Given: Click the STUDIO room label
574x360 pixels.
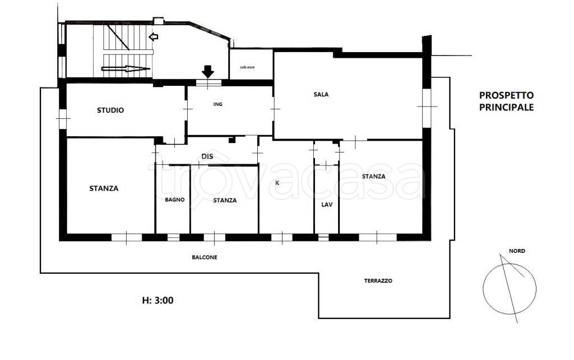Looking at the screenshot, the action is [110, 110].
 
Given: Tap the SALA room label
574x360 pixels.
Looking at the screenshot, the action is [321, 94].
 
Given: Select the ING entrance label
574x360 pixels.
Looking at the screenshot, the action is [218, 104].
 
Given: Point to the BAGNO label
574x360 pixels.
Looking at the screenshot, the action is [175, 200].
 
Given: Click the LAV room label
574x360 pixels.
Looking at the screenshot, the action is [327, 205].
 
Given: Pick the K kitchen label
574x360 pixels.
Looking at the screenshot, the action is [277, 183].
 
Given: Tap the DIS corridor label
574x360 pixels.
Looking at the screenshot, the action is [207, 156].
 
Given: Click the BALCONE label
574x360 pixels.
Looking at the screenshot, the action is [205, 257].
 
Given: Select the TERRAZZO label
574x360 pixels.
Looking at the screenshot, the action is [378, 281].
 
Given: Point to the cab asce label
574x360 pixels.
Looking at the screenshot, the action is [247, 67].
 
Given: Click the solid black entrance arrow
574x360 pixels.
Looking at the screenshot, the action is [208, 71].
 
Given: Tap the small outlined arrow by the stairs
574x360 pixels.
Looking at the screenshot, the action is [154, 36].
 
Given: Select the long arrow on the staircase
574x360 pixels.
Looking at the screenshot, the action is [126, 68].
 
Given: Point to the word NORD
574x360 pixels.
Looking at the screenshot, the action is [517, 251].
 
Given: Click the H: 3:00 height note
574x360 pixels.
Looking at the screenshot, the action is [158, 301].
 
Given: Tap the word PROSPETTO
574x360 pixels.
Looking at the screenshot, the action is [506, 95].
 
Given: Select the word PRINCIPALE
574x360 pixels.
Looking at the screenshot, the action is [506, 107].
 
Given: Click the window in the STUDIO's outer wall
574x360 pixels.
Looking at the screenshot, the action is [63, 119].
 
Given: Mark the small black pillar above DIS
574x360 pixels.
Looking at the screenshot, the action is [232, 140].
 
